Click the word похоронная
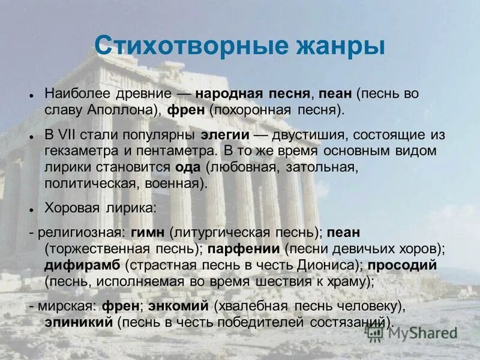tap(258, 110)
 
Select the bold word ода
tap(186, 167)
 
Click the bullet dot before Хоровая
tap(30, 209)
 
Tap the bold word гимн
tap(149, 232)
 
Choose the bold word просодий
tap(403, 265)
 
